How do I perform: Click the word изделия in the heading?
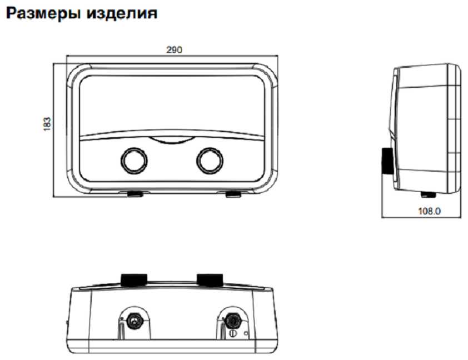pyautogui.click(x=122, y=13)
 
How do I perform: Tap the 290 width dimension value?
pyautogui.click(x=174, y=49)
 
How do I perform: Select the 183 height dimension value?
pyautogui.click(x=47, y=124)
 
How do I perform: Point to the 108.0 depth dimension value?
pyautogui.click(x=429, y=211)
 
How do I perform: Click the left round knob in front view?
pyautogui.click(x=134, y=161)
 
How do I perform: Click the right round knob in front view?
pyautogui.click(x=210, y=161)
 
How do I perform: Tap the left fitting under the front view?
pyautogui.click(x=135, y=194)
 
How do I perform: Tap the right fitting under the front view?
pyautogui.click(x=233, y=194)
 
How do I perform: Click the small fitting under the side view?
pyautogui.click(x=428, y=195)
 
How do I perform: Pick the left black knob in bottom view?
pyautogui.click(x=134, y=280)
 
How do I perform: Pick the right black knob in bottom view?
pyautogui.click(x=210, y=280)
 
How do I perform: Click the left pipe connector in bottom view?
pyautogui.click(x=135, y=321)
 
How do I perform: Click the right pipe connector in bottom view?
pyautogui.click(x=232, y=321)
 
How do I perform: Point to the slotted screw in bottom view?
pyautogui.click(x=233, y=333)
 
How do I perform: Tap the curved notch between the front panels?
pyautogui.click(x=172, y=141)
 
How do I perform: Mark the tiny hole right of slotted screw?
pyautogui.click(x=246, y=333)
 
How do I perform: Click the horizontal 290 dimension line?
pyautogui.click(x=172, y=56)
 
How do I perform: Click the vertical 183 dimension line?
pyautogui.click(x=53, y=130)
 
